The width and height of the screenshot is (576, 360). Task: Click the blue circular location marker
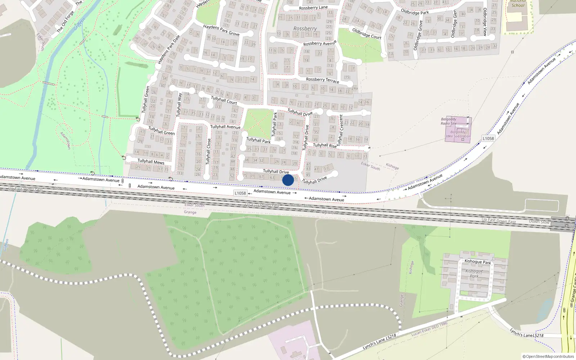pos(288,180)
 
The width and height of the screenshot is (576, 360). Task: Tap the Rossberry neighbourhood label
pos(305,28)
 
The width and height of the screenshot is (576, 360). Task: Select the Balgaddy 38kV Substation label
pos(458,134)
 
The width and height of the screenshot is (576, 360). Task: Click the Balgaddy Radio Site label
pos(449,121)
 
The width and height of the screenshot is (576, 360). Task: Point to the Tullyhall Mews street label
pos(151,162)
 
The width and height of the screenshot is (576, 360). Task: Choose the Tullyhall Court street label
pos(224,100)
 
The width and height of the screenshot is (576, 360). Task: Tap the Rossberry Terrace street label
pos(323,80)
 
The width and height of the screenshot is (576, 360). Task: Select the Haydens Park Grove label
pos(221,30)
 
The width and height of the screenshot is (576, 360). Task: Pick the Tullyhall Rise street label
pos(325,145)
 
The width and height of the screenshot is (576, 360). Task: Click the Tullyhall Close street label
pos(208,152)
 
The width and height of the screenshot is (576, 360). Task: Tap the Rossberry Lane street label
pos(313,8)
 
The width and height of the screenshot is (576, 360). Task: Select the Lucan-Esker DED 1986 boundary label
pos(429,329)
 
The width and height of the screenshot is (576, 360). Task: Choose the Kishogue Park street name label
pos(478,262)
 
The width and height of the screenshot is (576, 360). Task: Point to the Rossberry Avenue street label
pos(320,43)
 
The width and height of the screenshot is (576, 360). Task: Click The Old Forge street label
pos(65,22)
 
